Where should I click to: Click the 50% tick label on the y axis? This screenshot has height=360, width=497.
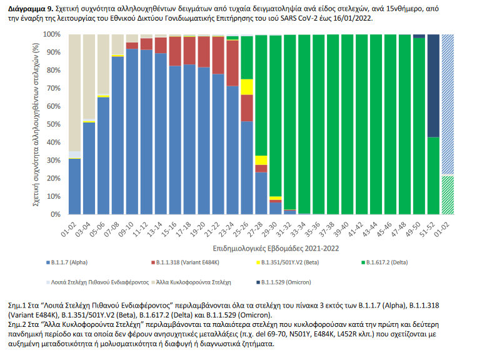pyautogui.click(x=54, y=124)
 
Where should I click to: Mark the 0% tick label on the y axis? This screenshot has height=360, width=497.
pyautogui.click(x=56, y=214)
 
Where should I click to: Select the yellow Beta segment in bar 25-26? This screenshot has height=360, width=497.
pyautogui.click(x=247, y=87)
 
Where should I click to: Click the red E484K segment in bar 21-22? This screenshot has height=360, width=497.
pyautogui.click(x=218, y=56)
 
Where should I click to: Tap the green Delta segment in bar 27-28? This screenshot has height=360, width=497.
pyautogui.click(x=261, y=94)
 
